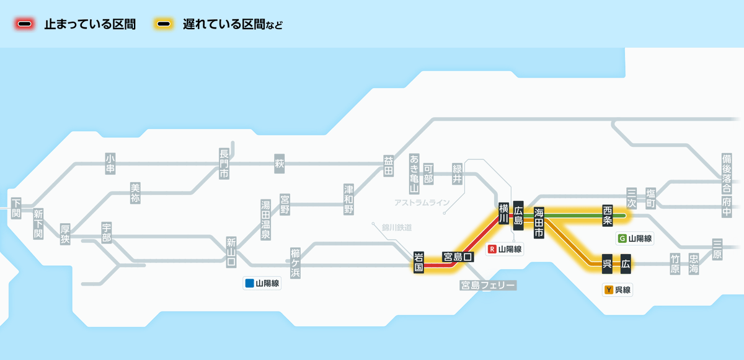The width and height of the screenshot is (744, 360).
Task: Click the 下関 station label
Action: (x=16, y=208)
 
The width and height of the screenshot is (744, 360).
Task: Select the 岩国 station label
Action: (x=419, y=263)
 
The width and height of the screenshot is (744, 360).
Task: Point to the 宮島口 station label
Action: (x=458, y=257)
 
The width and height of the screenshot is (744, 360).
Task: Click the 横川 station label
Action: (x=503, y=213)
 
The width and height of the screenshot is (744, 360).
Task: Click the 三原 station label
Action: (x=717, y=250)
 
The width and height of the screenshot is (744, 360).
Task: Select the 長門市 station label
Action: (x=224, y=164)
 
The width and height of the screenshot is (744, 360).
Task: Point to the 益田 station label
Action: (x=389, y=165)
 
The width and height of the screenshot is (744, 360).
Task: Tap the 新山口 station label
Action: (x=231, y=252)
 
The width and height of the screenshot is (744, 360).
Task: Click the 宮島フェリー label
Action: (x=488, y=286)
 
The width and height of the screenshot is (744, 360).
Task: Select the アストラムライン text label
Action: (x=422, y=203)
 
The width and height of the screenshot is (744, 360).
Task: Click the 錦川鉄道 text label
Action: (x=397, y=227)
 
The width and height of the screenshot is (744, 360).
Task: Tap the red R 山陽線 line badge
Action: (x=505, y=250)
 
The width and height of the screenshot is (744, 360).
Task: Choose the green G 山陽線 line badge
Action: (x=635, y=239)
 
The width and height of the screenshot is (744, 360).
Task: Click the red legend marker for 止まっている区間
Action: (x=25, y=25)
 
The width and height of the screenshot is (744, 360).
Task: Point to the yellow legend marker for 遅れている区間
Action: (x=164, y=25)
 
